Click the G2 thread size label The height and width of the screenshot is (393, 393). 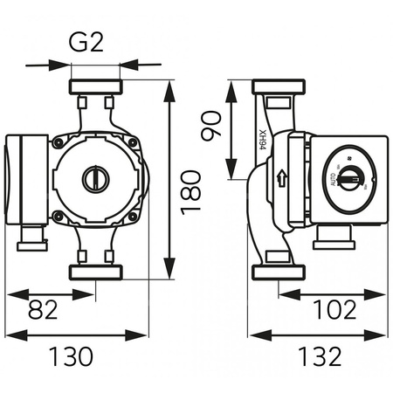coord(93,42)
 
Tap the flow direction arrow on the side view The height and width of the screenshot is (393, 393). coord(279,180)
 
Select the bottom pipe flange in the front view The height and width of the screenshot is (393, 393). coord(93,272)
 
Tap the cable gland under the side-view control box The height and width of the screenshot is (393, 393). coord(334,234)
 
